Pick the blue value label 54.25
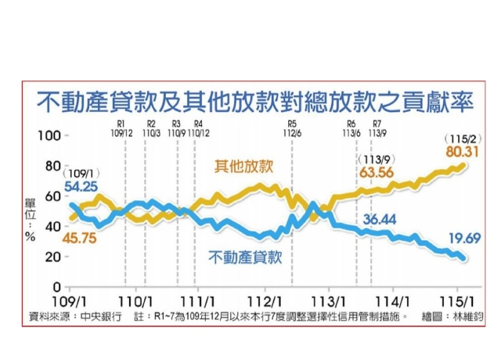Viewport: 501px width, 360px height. click(x=82, y=188)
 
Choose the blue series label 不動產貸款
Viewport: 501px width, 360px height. click(x=245, y=256)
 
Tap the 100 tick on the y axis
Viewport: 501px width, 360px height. click(x=50, y=136)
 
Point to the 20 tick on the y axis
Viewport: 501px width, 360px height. click(x=53, y=257)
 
